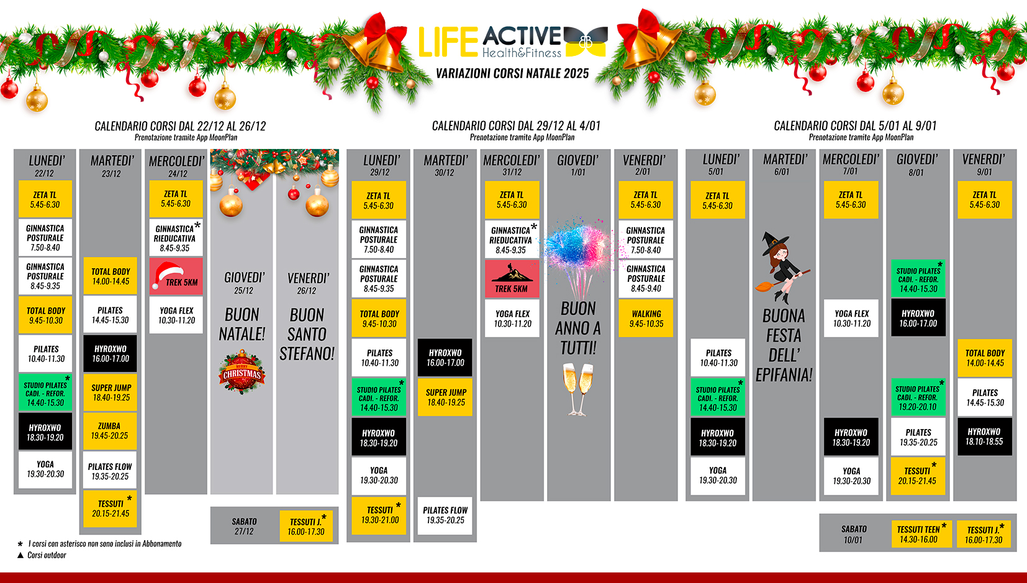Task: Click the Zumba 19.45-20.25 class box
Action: [x=110, y=430]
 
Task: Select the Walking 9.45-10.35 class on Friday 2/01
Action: [x=646, y=319]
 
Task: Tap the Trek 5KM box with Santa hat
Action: [x=176, y=276]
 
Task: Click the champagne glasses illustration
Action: [x=578, y=389]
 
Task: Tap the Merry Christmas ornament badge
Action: [x=242, y=372]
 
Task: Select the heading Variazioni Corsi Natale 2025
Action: [x=512, y=73]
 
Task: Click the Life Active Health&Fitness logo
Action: [x=513, y=41]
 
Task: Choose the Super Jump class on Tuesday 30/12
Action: [x=445, y=397]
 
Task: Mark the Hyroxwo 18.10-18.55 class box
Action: [x=984, y=436]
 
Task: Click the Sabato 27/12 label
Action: [x=244, y=526]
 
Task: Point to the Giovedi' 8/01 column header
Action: [x=916, y=165]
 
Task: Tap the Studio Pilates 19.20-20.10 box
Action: [x=918, y=397]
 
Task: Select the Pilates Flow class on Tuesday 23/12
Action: [x=110, y=471]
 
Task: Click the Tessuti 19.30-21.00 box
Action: [x=379, y=515]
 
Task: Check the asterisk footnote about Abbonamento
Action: [x=100, y=544]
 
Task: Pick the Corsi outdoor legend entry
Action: [x=42, y=555]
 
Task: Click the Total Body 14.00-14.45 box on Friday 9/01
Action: [x=984, y=358]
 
